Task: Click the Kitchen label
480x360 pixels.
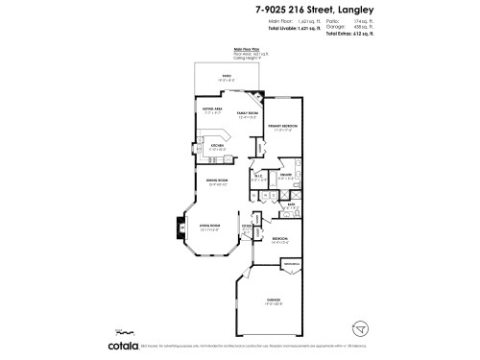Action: pyautogui.click(x=218, y=147)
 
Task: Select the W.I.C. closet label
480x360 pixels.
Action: pyautogui.click(x=259, y=177)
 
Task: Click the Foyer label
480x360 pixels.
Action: pyautogui.click(x=247, y=228)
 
